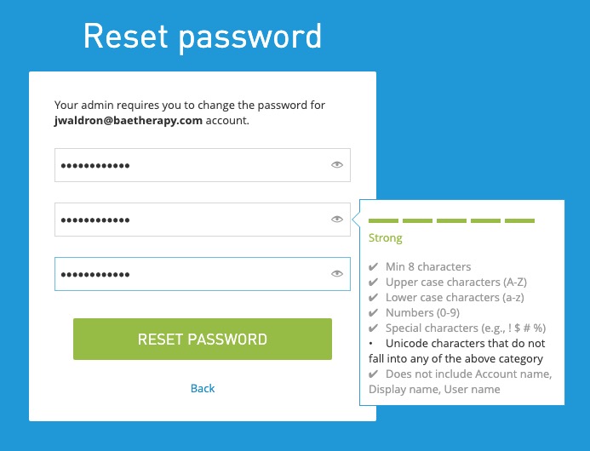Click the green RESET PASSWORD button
(202, 339)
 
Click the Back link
(203, 388)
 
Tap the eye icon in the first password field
(337, 165)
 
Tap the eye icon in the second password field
(337, 220)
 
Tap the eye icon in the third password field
(337, 274)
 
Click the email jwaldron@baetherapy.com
(128, 121)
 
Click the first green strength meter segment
(383, 221)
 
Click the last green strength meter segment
(519, 221)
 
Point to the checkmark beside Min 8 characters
(374, 267)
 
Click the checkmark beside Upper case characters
(374, 283)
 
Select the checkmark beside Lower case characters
(374, 298)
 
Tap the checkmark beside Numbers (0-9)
(374, 313)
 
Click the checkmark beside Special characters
(374, 328)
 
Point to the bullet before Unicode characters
(373, 344)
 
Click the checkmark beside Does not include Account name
(374, 374)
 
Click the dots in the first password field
(95, 165)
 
